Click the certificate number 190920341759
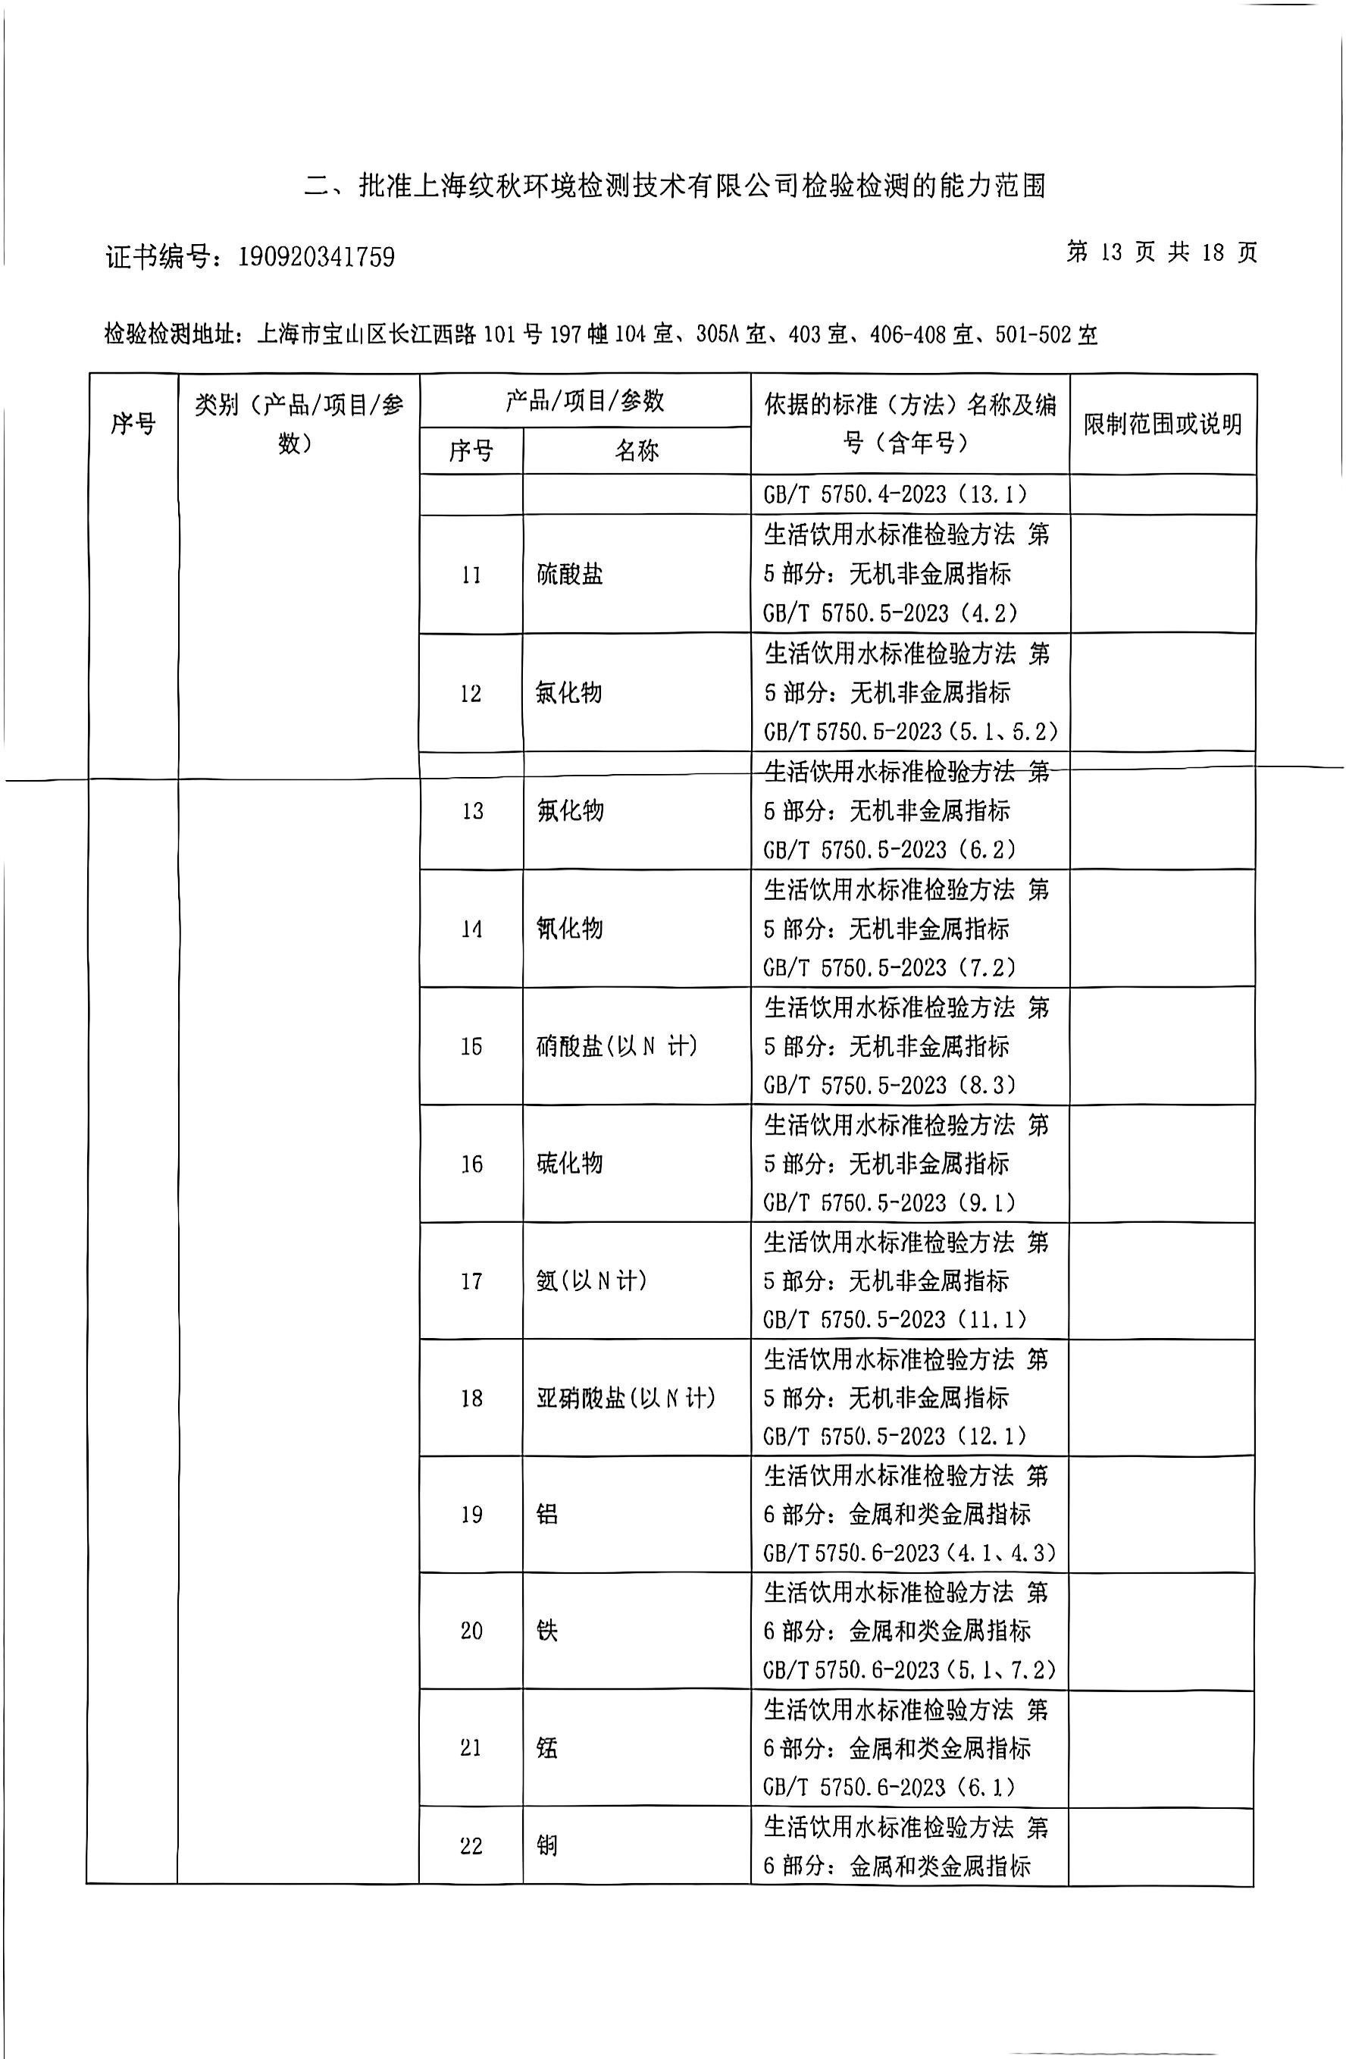[316, 257]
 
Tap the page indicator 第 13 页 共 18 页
[1161, 252]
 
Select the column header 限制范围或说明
[1163, 424]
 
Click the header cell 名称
[637, 451]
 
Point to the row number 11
[471, 575]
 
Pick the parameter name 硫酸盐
[569, 575]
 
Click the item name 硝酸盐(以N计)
[617, 1046]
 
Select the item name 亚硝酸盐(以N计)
[625, 1398]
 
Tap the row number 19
[471, 1514]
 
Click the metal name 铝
[546, 1514]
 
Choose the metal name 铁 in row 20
[546, 1631]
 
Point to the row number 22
[471, 1845]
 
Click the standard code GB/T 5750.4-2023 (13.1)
[895, 495]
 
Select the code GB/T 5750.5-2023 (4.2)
[890, 613]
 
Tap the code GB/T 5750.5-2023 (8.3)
[889, 1085]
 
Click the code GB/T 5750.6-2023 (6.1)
[888, 1787]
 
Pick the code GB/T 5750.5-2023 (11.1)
[894, 1319]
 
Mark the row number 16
[471, 1164]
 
